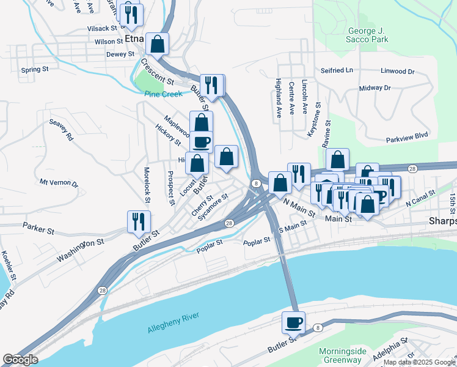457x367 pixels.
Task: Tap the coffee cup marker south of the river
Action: [x=294, y=322]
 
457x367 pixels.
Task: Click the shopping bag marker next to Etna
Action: [x=158, y=44]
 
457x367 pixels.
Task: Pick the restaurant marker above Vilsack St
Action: [x=131, y=15]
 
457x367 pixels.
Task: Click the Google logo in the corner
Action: [x=20, y=360]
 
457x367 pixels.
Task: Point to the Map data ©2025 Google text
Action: [x=419, y=362]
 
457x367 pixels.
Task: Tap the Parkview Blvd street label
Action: [x=408, y=138]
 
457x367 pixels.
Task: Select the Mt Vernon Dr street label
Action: [x=59, y=183]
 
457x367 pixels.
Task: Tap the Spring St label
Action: [x=34, y=70]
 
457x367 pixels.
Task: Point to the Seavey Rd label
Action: [x=62, y=130]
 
